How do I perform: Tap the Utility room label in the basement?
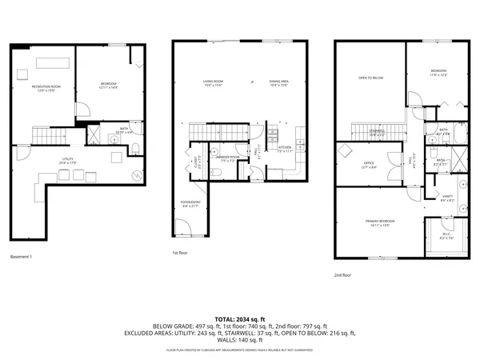pos(68,159)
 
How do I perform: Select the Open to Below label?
pos(370,78)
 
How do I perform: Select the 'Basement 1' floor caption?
pos(22,257)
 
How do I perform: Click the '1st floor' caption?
pos(179,254)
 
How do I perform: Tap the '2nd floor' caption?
pos(344,275)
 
